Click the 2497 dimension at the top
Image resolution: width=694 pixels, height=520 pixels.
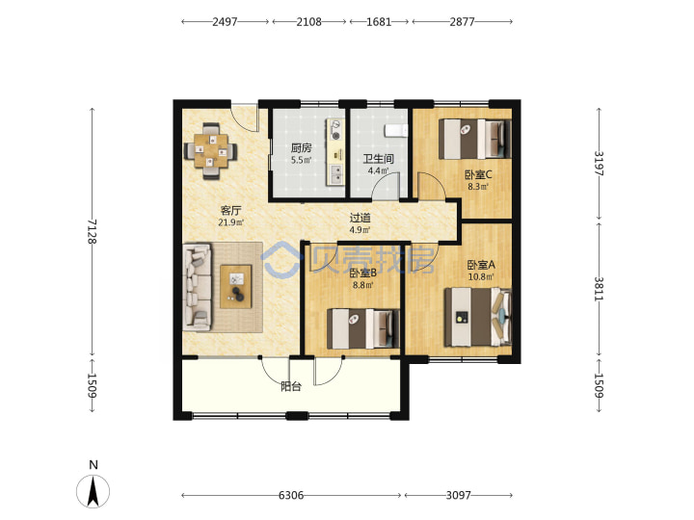coord(225,21)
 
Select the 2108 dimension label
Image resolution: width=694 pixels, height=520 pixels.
coord(309,21)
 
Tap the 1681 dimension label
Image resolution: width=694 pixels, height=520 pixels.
coord(379,21)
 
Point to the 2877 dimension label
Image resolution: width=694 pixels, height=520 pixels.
coord(462,21)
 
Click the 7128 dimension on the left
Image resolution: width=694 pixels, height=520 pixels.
coord(93,231)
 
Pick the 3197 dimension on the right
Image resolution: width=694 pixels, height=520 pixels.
coord(599,164)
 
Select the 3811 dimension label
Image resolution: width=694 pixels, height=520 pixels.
coord(599,289)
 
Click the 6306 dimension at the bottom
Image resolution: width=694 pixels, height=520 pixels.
coord(291,495)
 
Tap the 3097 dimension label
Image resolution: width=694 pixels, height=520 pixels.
coord(459,495)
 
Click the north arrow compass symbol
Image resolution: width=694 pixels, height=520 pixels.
coord(93,491)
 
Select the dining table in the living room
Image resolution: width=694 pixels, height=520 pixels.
coord(211,151)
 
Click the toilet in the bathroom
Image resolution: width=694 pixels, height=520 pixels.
coord(396,130)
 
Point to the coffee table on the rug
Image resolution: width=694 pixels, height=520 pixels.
coord(236,287)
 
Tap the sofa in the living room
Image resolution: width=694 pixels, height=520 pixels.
coord(198,287)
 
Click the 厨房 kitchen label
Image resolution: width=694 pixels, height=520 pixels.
coord(301,148)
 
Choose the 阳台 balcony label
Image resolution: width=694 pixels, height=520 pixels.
coord(291,386)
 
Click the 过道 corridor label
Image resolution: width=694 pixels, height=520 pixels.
coord(360,218)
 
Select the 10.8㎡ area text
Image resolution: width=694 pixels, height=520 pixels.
coord(481,277)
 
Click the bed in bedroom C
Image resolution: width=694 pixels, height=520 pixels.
coord(475,139)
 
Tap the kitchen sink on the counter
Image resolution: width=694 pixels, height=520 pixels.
coord(336,174)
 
